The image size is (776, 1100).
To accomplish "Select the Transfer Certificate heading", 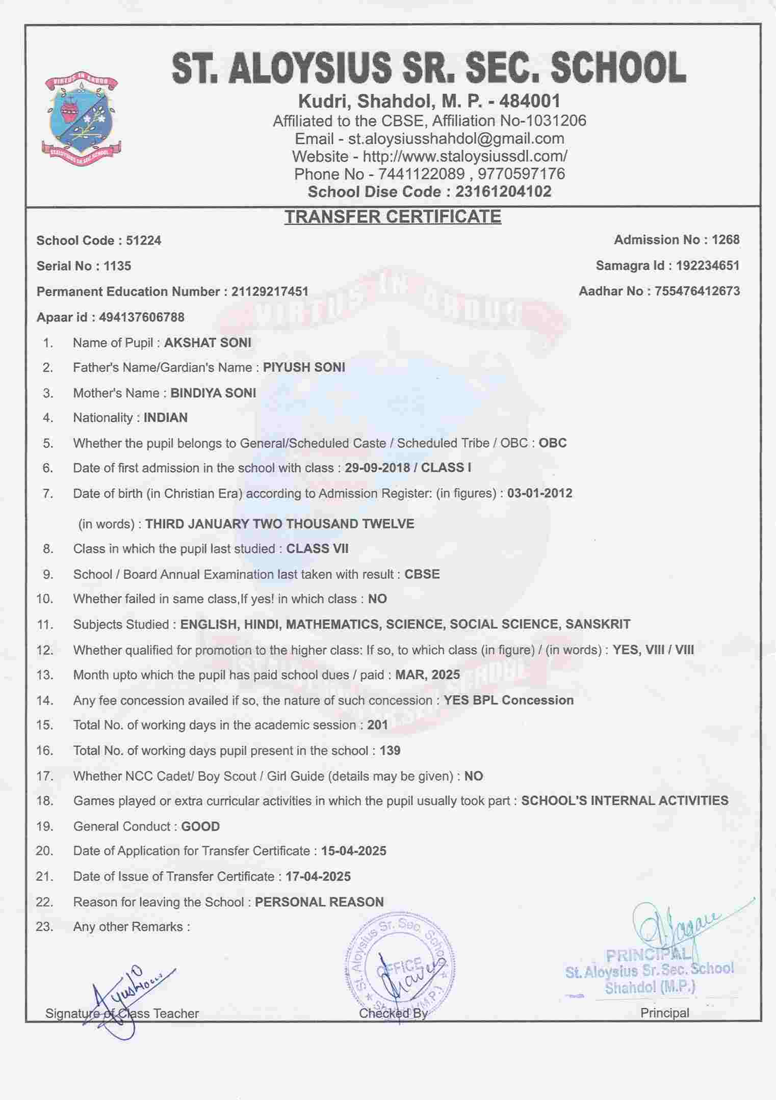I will (393, 217).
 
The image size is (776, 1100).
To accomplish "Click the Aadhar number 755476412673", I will (697, 291).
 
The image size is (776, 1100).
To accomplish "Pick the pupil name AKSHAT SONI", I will (208, 342).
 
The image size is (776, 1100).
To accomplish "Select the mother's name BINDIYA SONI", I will (213, 393).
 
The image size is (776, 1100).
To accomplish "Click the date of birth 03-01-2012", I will (539, 493).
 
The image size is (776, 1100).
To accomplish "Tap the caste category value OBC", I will (553, 443).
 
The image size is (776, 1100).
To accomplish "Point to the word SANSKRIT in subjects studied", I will (598, 624).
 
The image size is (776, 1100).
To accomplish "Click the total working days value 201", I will (378, 725).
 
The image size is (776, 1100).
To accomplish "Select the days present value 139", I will (390, 750).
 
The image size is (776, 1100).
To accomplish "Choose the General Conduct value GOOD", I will (200, 826).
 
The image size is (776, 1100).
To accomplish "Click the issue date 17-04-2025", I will (318, 877).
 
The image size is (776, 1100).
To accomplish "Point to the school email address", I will (456, 139).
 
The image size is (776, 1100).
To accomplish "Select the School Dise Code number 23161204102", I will (503, 192).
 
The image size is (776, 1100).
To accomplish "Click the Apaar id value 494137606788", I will (142, 317).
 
